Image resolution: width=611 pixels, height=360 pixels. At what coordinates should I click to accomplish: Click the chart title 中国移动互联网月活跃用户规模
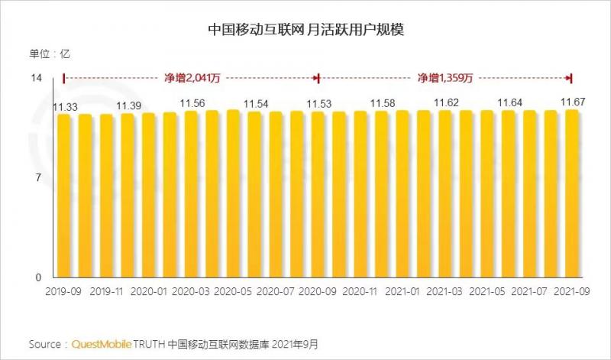coord(305,30)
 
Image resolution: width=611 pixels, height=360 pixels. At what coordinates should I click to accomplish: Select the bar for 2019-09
coord(64,195)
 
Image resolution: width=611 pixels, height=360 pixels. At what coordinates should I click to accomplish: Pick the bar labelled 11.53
coord(318,194)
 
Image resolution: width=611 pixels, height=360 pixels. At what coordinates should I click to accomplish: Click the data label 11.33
coord(64,107)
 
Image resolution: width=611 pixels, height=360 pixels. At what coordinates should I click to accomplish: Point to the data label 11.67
coord(573,102)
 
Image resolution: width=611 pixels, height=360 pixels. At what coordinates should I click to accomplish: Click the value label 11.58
coord(382,102)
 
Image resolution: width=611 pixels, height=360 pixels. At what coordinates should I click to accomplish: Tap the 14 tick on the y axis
coord(36,78)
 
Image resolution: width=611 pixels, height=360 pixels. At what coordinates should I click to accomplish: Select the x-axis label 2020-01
coord(149,291)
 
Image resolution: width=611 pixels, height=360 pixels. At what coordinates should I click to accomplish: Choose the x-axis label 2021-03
coord(445,291)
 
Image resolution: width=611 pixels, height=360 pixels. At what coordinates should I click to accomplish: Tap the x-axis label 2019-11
coord(106,291)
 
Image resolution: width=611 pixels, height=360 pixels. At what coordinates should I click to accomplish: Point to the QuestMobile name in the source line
coord(102,344)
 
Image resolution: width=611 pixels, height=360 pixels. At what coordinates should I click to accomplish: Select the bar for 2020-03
coord(191,194)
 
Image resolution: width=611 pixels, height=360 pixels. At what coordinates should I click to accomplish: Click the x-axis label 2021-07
coord(530,291)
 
